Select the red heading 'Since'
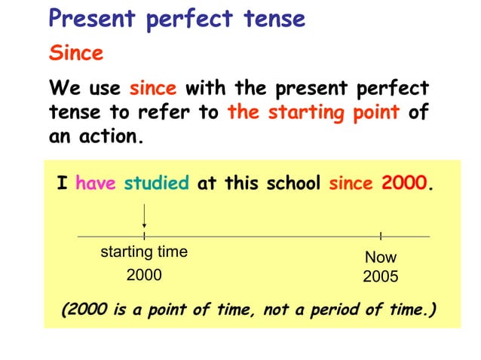(x=75, y=54)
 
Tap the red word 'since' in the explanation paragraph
(x=153, y=89)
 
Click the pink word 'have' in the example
(x=95, y=185)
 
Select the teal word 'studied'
(x=157, y=185)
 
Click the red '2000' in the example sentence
(x=404, y=185)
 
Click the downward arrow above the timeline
(x=144, y=224)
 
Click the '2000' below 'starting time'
(x=144, y=276)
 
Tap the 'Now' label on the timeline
(x=380, y=258)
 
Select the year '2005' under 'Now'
(x=380, y=277)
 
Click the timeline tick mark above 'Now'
(x=381, y=236)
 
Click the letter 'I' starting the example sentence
(x=62, y=185)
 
